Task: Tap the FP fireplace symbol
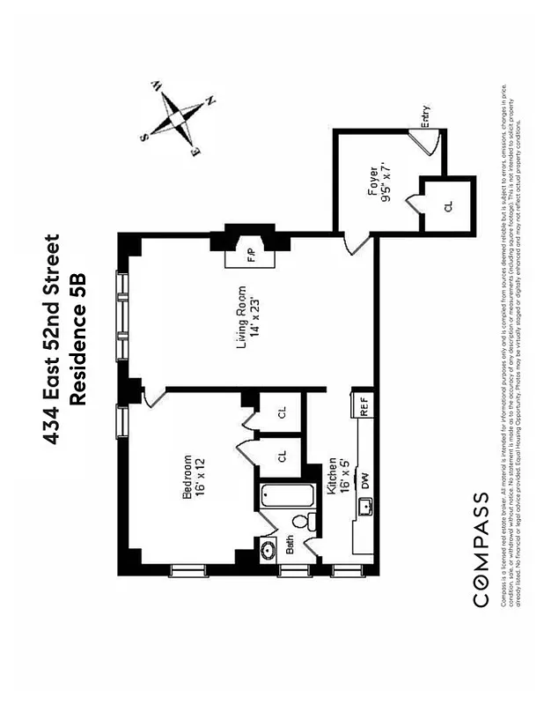point(249,256)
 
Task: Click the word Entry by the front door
point(425,116)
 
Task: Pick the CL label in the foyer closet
point(447,205)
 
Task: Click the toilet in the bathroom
point(304,521)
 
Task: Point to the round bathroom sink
point(269,552)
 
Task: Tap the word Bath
point(290,547)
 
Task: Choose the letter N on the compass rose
point(210,103)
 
